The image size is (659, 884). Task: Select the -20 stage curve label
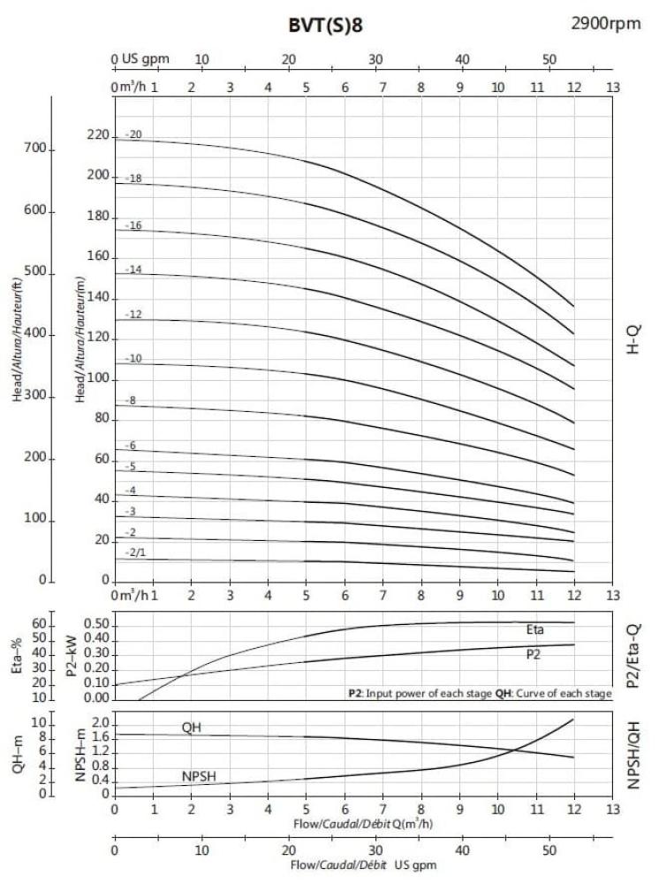(x=133, y=134)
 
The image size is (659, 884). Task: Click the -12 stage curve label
(x=133, y=315)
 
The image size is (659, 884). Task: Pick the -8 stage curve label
(x=131, y=400)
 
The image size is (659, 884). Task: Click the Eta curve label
(x=535, y=629)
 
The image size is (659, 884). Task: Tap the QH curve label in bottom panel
(x=192, y=727)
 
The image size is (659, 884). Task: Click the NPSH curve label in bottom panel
(x=201, y=777)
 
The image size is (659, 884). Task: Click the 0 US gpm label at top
(x=141, y=59)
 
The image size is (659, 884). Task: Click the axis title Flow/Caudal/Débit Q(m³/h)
(x=364, y=824)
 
